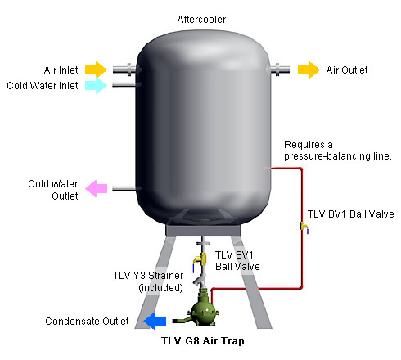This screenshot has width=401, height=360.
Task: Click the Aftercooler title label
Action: click(x=201, y=20)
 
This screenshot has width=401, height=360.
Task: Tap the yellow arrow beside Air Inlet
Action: click(x=96, y=70)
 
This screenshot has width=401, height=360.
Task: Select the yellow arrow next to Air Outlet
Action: click(x=309, y=70)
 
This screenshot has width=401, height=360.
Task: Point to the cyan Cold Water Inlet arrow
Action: click(x=96, y=85)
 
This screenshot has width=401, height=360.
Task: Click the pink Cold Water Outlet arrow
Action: click(x=96, y=188)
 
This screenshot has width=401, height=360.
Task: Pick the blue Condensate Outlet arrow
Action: click(x=155, y=321)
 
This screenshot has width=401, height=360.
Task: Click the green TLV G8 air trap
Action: click(x=203, y=308)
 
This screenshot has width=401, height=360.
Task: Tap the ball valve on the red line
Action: click(x=304, y=227)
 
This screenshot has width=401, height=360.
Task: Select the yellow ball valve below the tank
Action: click(x=200, y=260)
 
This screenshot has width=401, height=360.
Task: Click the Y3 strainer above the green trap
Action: click(x=200, y=281)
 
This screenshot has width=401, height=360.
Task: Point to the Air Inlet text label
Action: click(x=61, y=70)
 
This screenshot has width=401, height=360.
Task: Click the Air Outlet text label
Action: click(x=347, y=70)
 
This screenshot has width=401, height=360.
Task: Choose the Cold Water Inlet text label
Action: click(x=43, y=86)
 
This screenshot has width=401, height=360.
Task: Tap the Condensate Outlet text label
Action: click(x=87, y=322)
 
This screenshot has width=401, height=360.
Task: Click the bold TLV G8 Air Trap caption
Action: click(x=203, y=341)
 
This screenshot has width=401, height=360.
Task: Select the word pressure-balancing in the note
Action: click(x=321, y=156)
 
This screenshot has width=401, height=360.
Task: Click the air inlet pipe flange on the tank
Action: click(x=129, y=70)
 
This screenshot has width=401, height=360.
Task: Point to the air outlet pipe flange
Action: click(x=277, y=70)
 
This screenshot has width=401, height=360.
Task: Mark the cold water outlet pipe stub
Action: click(x=124, y=188)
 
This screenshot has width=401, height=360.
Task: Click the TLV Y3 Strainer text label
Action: click(x=148, y=276)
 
